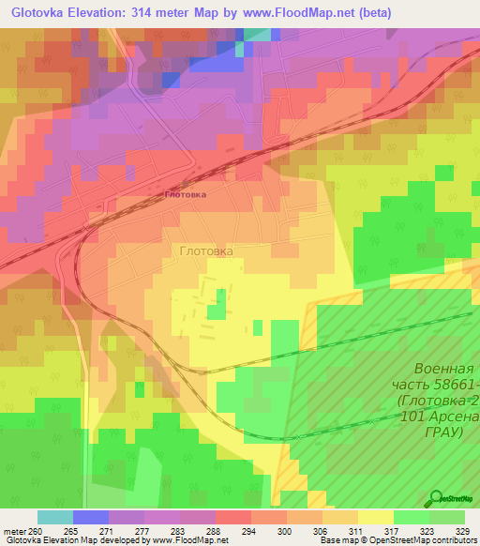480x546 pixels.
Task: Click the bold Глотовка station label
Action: (185, 194)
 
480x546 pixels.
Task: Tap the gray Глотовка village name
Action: (205, 251)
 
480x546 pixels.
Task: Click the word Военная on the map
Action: (446, 369)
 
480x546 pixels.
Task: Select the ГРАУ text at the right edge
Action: (444, 432)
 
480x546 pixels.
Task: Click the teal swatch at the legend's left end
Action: (55, 517)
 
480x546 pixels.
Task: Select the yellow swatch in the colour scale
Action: (376, 517)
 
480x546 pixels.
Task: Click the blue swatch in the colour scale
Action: (91, 517)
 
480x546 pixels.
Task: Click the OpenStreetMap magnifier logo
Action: (436, 499)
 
